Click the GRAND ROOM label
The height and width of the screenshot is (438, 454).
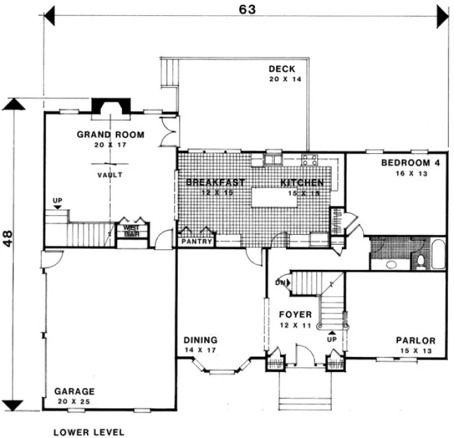110,135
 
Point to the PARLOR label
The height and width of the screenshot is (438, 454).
415,340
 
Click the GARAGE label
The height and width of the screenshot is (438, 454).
74,391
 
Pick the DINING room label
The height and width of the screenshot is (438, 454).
200,340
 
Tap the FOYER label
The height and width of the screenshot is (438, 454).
295,315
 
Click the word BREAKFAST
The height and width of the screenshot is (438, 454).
215,182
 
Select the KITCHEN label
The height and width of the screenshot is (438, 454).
302,182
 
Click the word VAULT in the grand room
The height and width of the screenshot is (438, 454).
110,175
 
